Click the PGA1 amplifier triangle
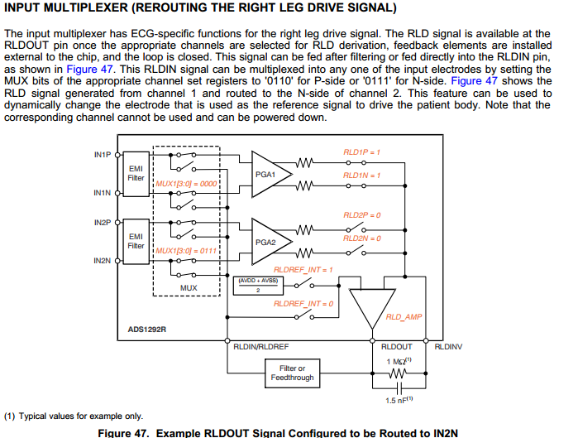[x=266, y=176]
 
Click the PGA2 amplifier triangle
[x=266, y=243]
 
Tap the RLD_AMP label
[x=404, y=317]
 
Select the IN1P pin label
[x=103, y=155]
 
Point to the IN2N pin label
[x=103, y=261]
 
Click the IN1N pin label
[x=103, y=193]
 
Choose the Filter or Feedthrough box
[x=292, y=373]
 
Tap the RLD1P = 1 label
[x=361, y=152]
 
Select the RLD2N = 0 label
[x=361, y=238]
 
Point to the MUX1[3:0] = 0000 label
[x=185, y=184]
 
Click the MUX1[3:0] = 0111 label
[x=185, y=249]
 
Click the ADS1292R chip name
[x=147, y=329]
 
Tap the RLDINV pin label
[x=450, y=346]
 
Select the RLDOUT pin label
[x=397, y=346]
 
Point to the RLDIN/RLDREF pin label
[x=261, y=346]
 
